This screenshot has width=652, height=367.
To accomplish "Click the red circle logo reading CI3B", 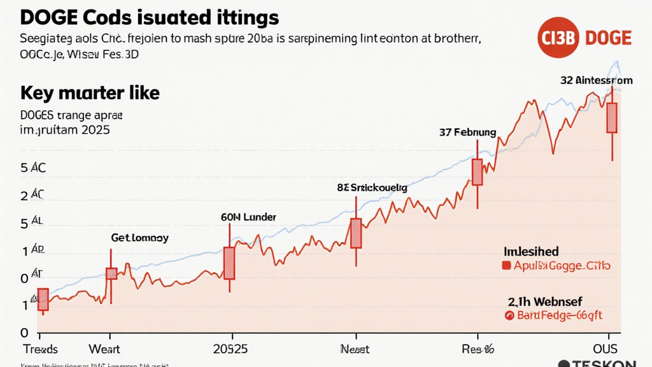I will pos(556,38).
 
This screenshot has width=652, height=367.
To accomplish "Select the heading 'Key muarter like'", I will pos(90,93).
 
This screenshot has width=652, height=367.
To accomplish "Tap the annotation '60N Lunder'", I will pos(248,217).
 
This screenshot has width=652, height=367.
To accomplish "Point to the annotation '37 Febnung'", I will pos(467,133).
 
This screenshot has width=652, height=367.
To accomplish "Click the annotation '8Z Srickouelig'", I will pos(372,188).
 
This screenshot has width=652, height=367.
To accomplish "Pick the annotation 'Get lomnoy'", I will pos(139,238).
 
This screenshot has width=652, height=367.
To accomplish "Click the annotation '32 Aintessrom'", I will pos(597,80).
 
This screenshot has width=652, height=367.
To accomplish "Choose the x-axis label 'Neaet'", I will pos(355,349).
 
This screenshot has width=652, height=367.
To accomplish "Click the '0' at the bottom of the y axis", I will pos(24,332).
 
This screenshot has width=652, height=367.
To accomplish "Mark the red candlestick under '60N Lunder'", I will pos(229,263).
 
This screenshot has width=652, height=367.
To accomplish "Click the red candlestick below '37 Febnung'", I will pos(477,172).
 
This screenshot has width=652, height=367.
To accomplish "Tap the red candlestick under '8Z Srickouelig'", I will pos(356,233).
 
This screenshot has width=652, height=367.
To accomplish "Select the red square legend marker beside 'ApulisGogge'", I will pos(507,266).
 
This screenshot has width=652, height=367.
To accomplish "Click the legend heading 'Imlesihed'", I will pos(531,252).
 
